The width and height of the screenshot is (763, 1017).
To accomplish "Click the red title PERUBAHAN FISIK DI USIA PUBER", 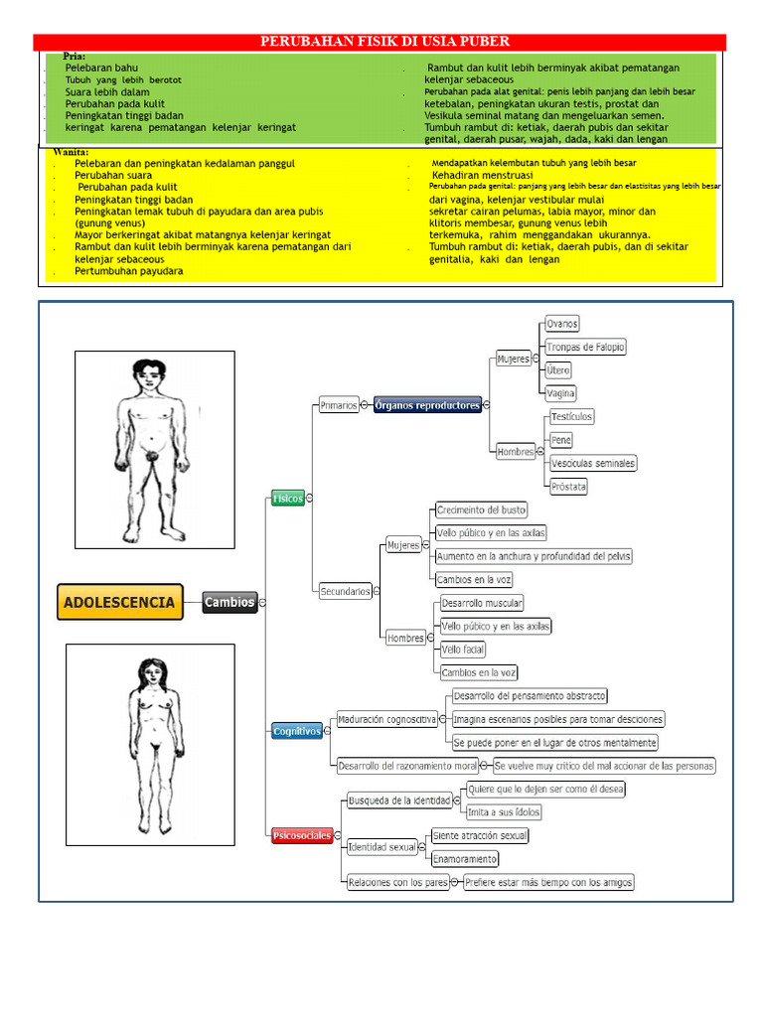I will [x=384, y=41].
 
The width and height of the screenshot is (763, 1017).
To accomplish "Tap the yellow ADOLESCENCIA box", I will [x=119, y=602].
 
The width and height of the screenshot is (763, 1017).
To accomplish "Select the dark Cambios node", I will [x=229, y=602].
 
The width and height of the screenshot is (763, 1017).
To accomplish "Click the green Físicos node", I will [x=288, y=499].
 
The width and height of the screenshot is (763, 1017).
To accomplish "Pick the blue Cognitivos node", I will [x=297, y=731].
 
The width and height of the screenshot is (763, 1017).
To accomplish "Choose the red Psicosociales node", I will [x=302, y=836].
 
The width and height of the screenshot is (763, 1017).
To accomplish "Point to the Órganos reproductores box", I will [x=427, y=405].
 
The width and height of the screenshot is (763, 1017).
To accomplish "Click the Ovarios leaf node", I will [x=561, y=324].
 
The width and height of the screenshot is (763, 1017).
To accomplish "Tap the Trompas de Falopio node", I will [x=585, y=347].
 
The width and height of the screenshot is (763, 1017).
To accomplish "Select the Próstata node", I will [x=569, y=487].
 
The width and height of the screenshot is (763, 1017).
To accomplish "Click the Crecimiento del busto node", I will [x=482, y=509].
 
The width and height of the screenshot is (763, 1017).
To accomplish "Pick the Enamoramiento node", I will [x=465, y=858].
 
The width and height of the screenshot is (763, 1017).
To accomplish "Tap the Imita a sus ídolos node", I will [x=505, y=811].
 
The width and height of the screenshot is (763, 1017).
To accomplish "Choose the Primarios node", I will [x=338, y=405].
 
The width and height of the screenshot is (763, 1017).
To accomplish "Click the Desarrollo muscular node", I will [x=482, y=603].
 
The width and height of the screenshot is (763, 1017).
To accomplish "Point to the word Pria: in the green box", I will [x=75, y=57].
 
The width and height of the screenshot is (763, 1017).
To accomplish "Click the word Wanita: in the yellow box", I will [x=71, y=151].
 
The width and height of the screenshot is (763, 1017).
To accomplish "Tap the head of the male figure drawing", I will [x=150, y=374].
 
